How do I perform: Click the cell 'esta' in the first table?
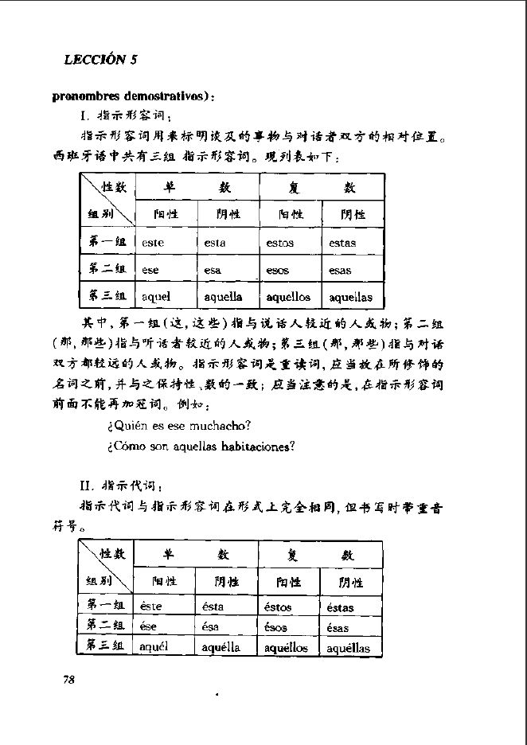tap(214, 243)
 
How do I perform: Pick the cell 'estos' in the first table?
tap(279, 243)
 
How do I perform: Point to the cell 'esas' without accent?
tap(340, 271)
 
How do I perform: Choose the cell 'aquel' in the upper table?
tap(157, 297)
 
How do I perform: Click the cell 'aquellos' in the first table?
tap(288, 297)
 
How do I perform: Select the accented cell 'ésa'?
tap(213, 627)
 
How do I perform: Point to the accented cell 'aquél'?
tap(155, 647)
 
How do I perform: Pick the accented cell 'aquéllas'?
tap(349, 648)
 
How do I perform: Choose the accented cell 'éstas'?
tap(341, 607)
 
